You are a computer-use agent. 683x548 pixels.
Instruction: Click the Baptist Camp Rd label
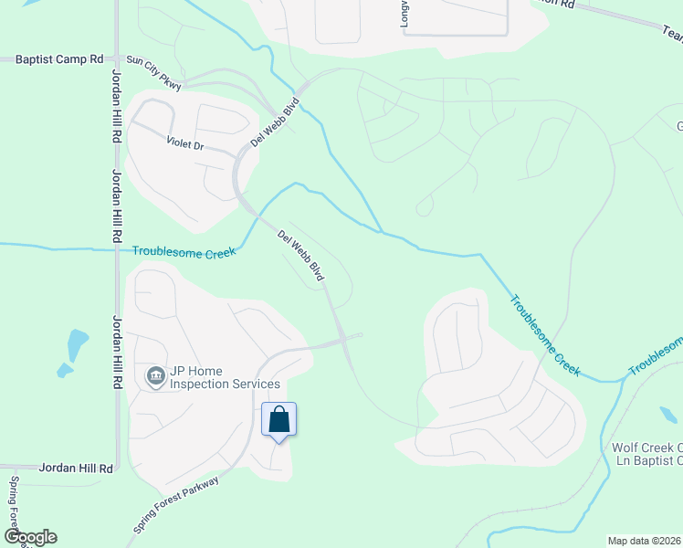[59, 59]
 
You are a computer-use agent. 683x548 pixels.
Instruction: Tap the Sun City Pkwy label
[154, 73]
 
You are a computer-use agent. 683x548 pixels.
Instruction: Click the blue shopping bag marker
[279, 420]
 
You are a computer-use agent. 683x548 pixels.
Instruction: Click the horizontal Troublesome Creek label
[184, 251]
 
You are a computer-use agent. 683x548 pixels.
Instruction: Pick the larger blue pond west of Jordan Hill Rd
[78, 343]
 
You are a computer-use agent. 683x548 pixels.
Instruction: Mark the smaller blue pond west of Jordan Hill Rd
[64, 371]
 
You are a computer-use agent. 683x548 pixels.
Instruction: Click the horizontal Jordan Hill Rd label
[76, 468]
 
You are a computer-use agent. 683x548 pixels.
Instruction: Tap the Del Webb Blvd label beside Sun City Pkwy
[275, 123]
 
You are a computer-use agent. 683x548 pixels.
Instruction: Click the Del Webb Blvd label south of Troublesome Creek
[302, 255]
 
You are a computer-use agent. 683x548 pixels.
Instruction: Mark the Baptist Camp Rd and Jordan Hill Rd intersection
[117, 59]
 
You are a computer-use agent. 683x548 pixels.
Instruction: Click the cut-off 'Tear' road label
[671, 33]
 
